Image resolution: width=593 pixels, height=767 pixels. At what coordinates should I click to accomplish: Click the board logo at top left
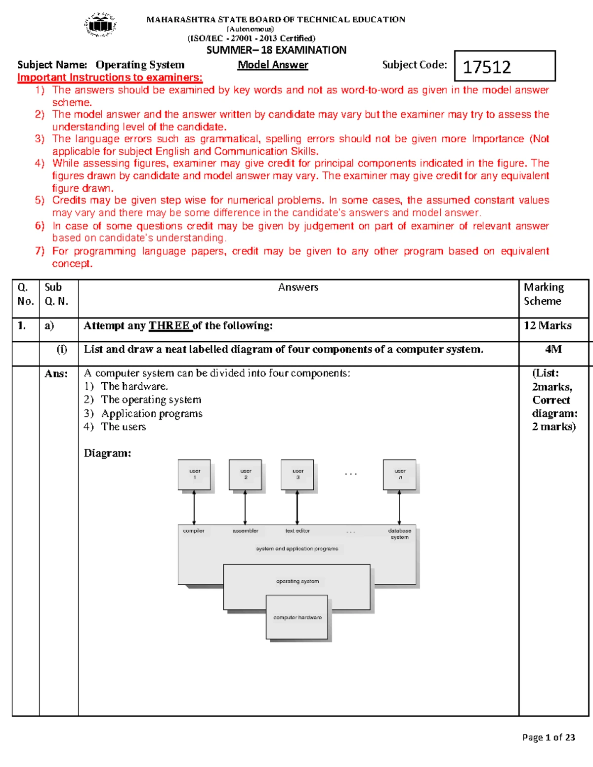coord(101,25)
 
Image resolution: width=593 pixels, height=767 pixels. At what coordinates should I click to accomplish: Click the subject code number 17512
coord(487,67)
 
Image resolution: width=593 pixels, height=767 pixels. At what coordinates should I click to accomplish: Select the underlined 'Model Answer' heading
coord(273,65)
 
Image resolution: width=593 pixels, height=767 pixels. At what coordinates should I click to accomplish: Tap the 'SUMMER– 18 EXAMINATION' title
coord(276,50)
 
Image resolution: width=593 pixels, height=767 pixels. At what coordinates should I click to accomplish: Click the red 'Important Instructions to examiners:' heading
coord(110,78)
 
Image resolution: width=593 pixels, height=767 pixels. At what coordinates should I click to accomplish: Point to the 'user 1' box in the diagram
coord(194,475)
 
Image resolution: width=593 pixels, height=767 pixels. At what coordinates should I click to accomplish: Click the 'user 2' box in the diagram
coord(245,475)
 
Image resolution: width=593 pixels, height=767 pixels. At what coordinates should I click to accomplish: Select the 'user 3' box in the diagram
coord(297,475)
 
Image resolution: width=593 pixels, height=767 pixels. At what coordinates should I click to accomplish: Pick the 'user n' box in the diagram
coord(400,475)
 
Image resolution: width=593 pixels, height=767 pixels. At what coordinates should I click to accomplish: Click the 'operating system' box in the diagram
coord(297,581)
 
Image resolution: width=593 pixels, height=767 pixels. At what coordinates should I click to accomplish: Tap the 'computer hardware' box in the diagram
coord(297,617)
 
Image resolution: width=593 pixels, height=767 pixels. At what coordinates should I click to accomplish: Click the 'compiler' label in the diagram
coord(194,531)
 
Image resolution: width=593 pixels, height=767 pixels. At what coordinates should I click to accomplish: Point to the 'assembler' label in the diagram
coord(246,531)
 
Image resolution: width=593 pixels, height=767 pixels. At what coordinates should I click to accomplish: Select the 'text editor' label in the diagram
coord(297,531)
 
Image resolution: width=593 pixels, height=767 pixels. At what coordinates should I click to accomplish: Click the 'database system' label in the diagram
coord(400,534)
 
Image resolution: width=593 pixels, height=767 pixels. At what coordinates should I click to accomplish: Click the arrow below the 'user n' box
coord(399,507)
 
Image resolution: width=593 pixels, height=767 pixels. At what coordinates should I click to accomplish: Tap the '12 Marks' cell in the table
coord(548,325)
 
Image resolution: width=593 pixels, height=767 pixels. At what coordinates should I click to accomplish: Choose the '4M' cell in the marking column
coord(553,349)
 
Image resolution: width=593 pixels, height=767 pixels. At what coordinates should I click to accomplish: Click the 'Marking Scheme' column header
coord(544,294)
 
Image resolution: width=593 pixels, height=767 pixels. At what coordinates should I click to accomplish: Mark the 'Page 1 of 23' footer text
coord(549,737)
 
